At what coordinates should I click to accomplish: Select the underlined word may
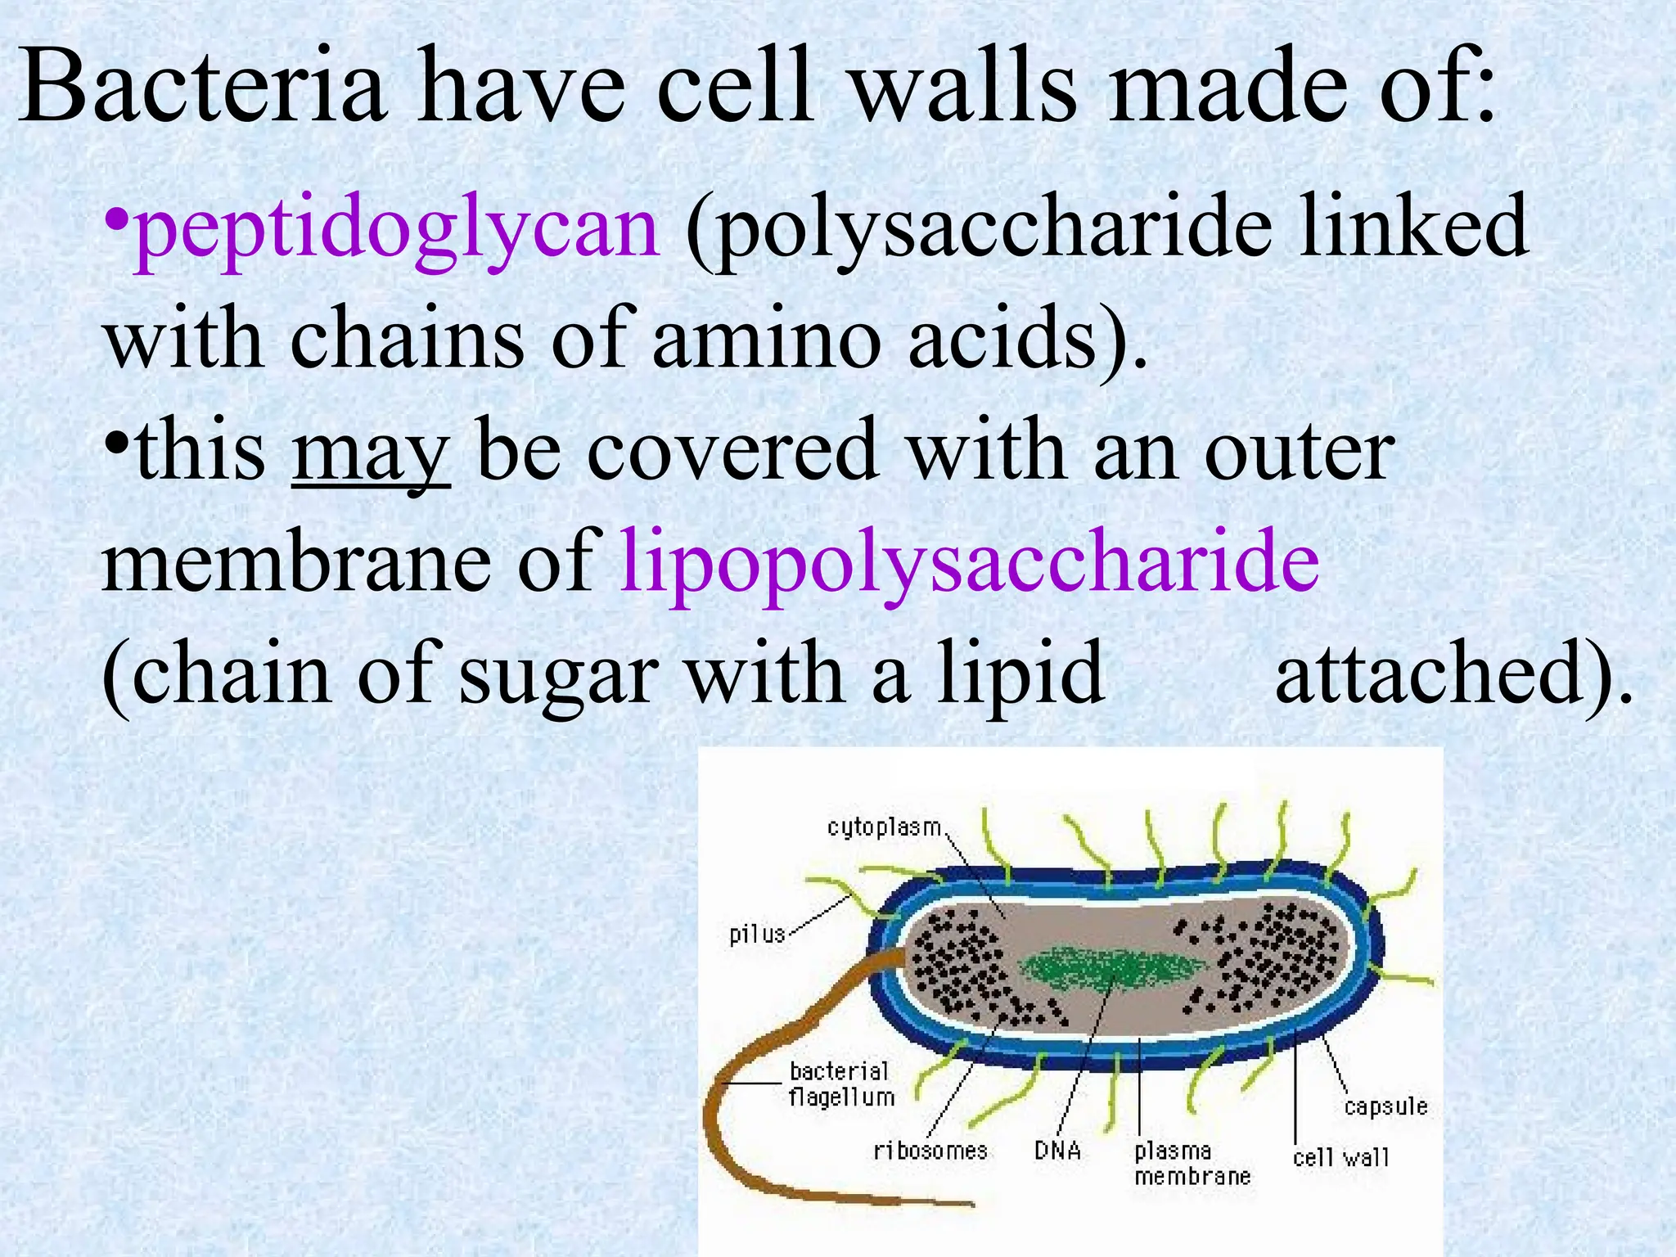pos(370,455)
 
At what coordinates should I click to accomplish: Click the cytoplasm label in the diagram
pos(884,827)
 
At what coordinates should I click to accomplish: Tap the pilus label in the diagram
pos(757,934)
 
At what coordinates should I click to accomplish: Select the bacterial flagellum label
pos(840,1084)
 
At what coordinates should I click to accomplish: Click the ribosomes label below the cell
pos(930,1151)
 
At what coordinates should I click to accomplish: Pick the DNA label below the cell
pos(1057,1151)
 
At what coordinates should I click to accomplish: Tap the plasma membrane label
pos(1192,1163)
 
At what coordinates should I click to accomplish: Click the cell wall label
pos(1340,1157)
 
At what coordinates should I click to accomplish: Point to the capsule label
pos(1385,1107)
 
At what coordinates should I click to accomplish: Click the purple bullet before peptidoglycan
pos(117,219)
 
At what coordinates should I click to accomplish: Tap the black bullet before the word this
pos(117,444)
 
